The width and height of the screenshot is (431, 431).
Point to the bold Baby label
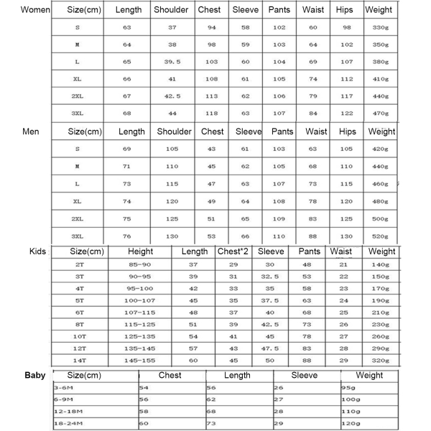35,375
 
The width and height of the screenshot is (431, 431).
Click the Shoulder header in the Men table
174,131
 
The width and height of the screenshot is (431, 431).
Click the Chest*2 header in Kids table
233,251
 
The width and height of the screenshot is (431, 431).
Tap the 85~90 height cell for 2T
140,264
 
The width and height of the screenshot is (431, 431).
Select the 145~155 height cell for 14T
140,360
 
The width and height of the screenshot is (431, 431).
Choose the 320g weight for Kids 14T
381,360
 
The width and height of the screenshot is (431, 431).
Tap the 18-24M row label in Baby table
69,425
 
